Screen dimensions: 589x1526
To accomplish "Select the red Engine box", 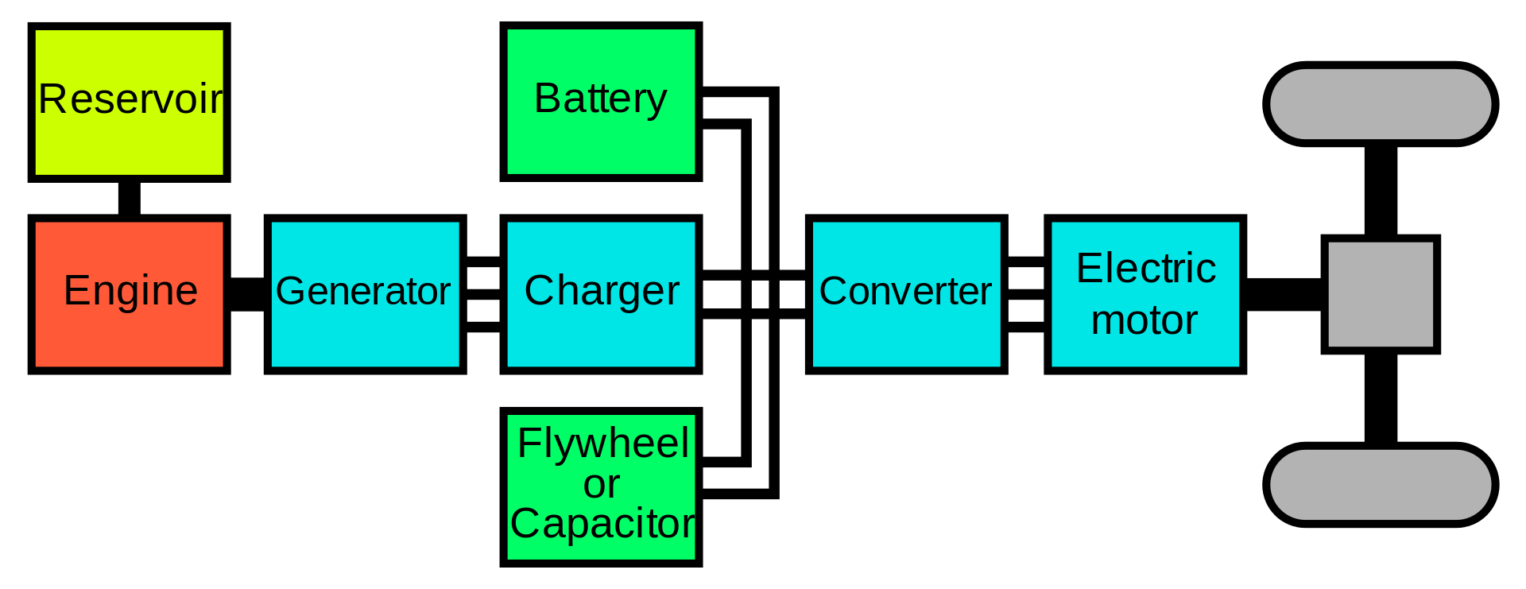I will click(129, 334).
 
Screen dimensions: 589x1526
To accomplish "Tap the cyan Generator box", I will click(365, 334).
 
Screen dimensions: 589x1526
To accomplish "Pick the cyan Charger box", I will click(601, 334).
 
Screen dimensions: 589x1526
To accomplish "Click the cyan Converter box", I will click(906, 334).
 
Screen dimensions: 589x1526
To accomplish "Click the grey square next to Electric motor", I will click(1381, 294).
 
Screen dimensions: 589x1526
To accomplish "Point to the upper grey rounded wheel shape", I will click(1381, 104).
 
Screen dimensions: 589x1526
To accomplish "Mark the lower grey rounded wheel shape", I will click(1381, 485).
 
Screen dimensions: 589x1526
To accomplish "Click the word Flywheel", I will click(602, 443).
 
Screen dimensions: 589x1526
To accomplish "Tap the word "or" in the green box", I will click(601, 484).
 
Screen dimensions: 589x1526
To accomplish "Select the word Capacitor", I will click(602, 524).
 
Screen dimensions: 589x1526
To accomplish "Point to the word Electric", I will click(1145, 268).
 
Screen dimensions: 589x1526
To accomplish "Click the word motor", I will click(1144, 320).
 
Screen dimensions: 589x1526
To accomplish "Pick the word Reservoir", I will click(130, 99).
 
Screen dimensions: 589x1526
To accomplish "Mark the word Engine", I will click(130, 290).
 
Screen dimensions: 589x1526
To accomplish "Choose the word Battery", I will click(600, 99).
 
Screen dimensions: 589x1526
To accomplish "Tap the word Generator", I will click(363, 291).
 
